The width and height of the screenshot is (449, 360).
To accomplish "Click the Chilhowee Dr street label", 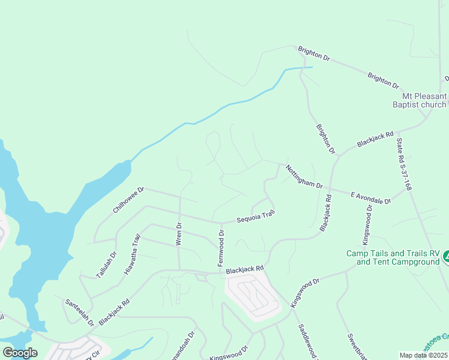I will point(129,200).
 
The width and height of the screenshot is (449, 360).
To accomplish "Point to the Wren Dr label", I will point(178,233).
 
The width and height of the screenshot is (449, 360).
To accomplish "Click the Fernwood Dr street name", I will point(221,248).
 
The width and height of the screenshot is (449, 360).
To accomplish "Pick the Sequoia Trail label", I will point(255,217).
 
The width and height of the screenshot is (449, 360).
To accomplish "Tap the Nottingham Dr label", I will point(304,176).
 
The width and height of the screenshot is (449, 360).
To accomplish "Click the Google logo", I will point(20,353).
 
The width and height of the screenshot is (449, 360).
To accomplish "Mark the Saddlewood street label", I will point(307,342).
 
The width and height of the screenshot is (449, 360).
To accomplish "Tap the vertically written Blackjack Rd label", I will point(325,212).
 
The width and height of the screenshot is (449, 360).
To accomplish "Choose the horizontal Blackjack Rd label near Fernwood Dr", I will point(245,270).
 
